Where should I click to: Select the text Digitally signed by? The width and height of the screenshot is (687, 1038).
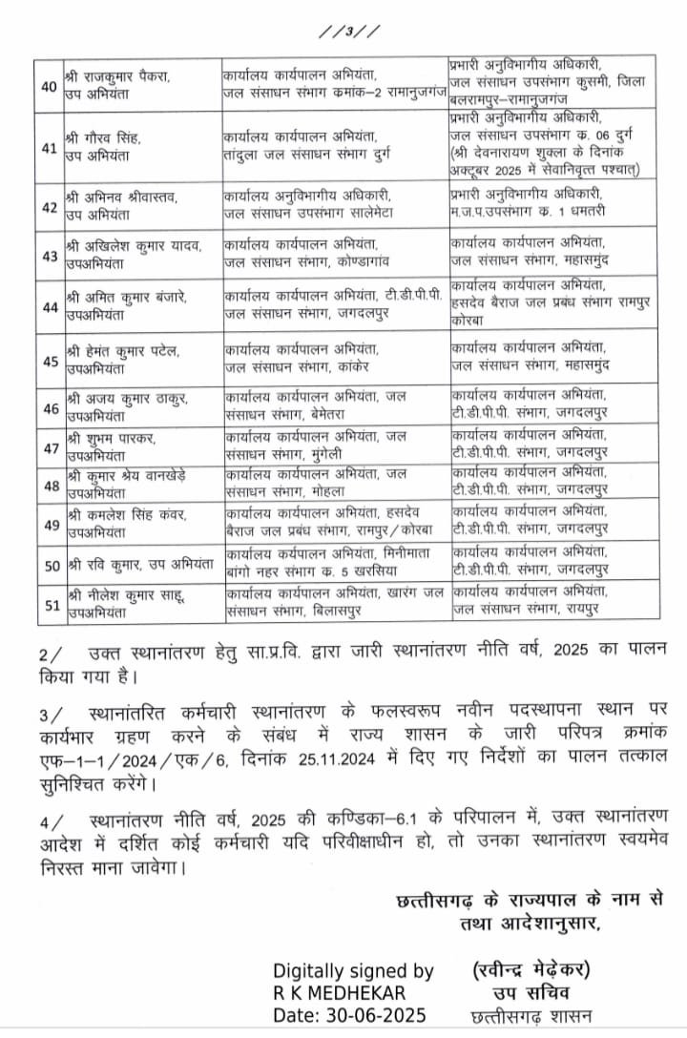pyautogui.click(x=353, y=971)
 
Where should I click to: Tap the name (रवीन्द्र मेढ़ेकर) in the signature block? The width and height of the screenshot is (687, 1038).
pyautogui.click(x=532, y=970)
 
